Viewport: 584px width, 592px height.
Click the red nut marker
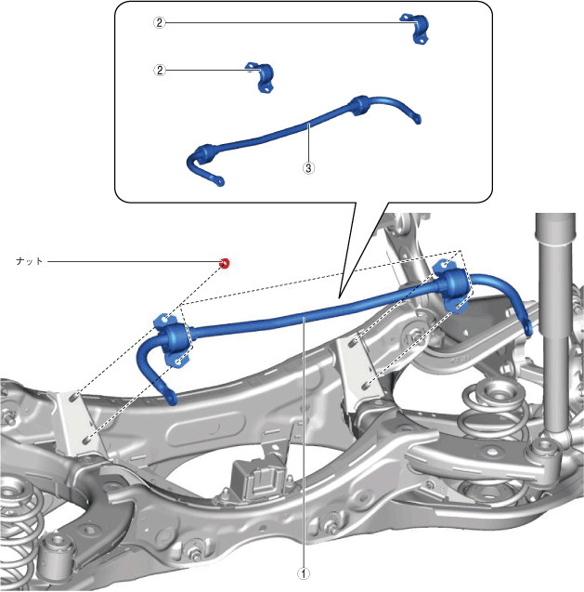click(224, 263)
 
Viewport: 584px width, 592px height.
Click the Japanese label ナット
click(30, 261)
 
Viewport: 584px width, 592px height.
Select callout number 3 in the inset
click(308, 167)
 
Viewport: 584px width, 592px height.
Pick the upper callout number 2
click(159, 22)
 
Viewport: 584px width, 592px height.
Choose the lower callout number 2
click(160, 71)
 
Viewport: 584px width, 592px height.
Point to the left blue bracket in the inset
click(261, 76)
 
